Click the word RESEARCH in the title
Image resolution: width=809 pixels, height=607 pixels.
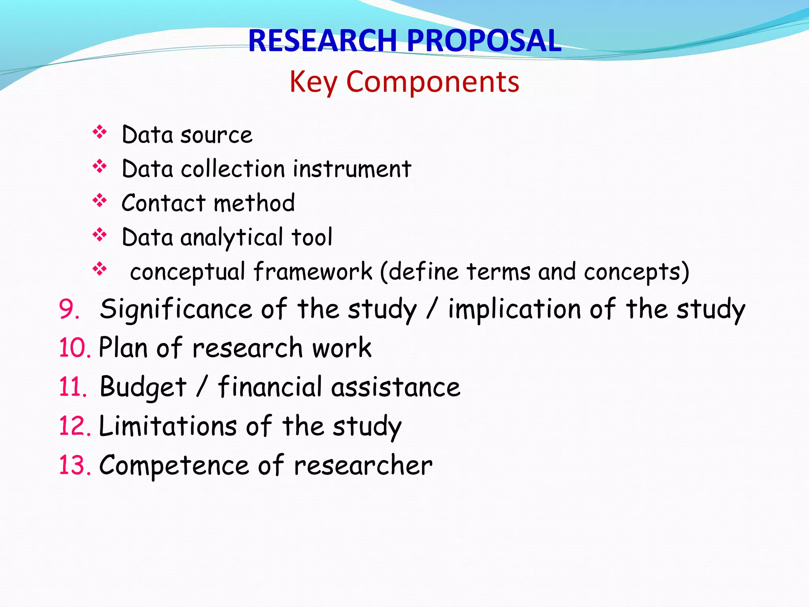coord(322,41)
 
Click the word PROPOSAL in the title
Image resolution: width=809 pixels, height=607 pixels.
coord(484,41)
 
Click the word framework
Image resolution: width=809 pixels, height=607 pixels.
coord(313,271)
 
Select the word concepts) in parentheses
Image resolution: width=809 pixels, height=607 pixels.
coord(636,271)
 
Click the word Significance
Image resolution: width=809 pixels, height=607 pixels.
coord(176,309)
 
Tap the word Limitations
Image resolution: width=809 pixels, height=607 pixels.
coord(168,426)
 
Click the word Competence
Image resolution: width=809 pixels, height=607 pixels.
coord(174,465)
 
